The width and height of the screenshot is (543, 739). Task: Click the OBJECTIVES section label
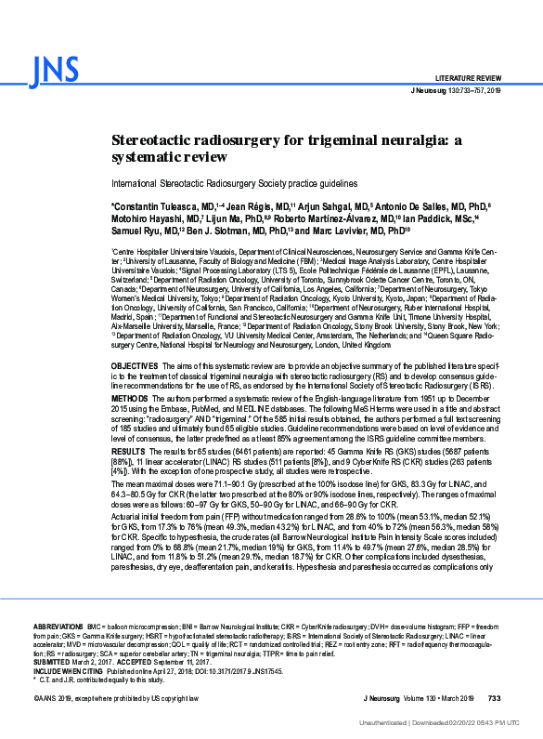coord(136,368)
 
